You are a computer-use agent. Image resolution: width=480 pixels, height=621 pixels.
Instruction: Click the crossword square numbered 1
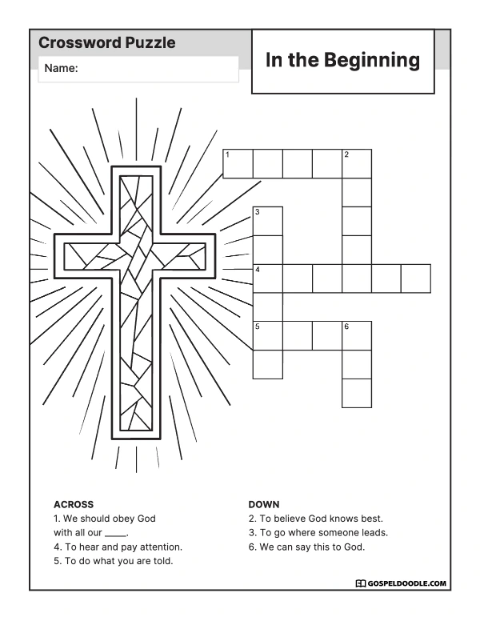pos(238,163)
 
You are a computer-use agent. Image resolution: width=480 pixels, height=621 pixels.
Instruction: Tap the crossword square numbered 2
pos(357,163)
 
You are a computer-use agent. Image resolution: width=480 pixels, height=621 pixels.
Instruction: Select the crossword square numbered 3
pos(268,221)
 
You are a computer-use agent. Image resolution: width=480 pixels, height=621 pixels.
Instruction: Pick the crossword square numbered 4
pos(268,278)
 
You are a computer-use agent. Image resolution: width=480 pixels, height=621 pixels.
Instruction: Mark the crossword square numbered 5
pos(268,336)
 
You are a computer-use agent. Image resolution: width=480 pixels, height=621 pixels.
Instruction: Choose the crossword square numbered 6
pos(357,336)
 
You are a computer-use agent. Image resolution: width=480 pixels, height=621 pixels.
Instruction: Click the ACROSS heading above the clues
pos(74,504)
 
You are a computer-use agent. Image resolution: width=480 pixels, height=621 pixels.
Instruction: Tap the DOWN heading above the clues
pos(264,504)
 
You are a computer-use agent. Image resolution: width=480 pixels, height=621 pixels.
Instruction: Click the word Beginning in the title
pos(372,61)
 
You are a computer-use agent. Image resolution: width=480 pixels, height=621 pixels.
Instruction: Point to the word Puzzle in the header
pos(150,42)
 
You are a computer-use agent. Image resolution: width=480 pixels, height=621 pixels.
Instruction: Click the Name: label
pos(61,68)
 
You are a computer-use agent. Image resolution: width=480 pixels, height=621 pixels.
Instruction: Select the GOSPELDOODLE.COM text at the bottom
pos(406,583)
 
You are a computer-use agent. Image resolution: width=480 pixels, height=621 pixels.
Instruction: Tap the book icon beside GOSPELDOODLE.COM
pos(360,583)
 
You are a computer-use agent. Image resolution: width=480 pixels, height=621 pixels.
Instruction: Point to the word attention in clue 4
pos(161,547)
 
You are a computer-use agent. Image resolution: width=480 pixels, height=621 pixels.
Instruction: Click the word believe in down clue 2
pos(290,519)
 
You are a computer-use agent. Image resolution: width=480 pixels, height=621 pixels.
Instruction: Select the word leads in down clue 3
pos(374,533)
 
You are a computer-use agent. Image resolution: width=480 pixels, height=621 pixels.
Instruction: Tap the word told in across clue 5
pos(163,561)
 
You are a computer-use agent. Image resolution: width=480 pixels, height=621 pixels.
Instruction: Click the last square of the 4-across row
pos(416,278)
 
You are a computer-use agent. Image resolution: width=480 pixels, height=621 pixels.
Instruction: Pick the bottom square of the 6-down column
pos(357,393)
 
